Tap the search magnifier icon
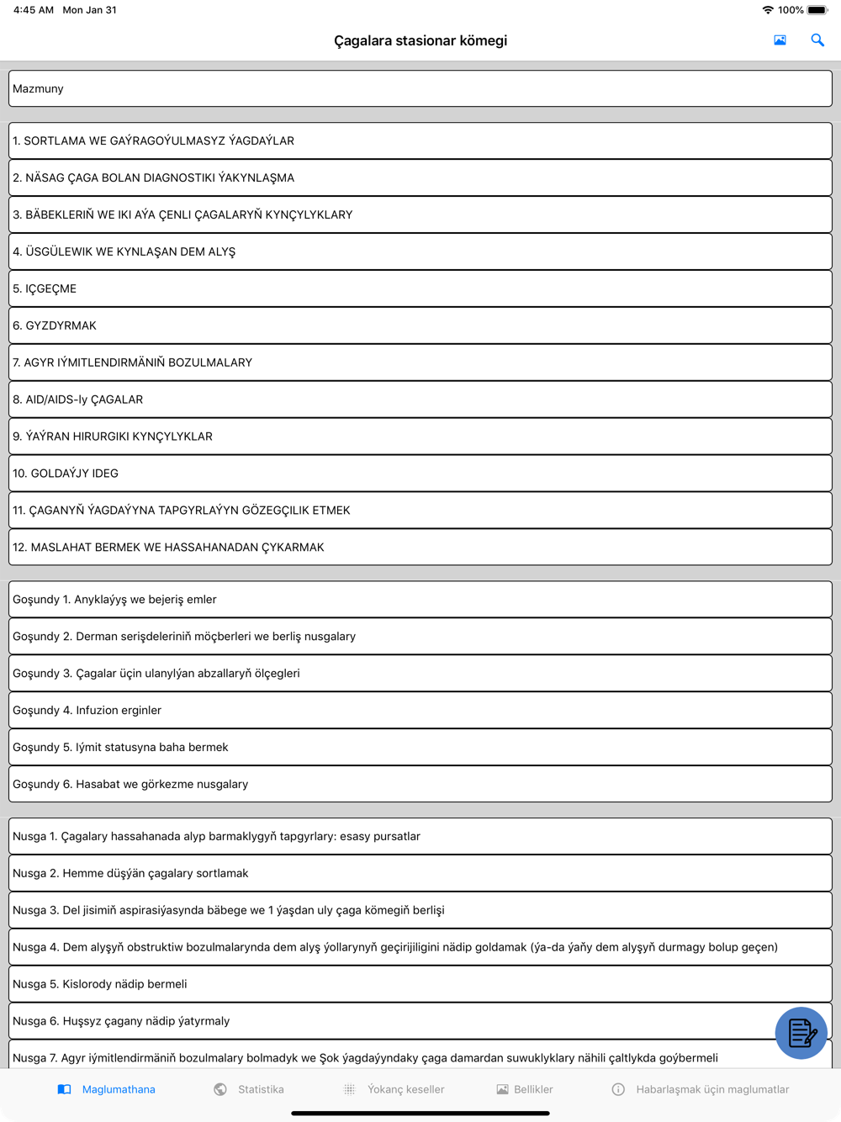click(x=817, y=40)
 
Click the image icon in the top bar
click(x=780, y=40)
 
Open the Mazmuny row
click(x=420, y=89)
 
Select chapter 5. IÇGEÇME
click(x=420, y=288)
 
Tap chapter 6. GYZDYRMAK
click(x=420, y=325)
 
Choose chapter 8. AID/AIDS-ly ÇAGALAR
click(x=420, y=400)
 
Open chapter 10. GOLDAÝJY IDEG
click(x=420, y=474)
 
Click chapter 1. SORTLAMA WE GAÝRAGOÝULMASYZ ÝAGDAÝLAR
click(x=420, y=141)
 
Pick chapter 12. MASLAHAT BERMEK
click(x=420, y=548)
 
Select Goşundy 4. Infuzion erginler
click(x=420, y=711)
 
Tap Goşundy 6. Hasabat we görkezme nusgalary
click(x=420, y=785)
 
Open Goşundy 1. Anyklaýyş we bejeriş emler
click(x=420, y=600)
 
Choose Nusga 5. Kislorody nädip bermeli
click(x=420, y=984)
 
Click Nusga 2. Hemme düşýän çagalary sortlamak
click(x=420, y=874)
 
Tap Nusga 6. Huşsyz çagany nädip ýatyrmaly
click(x=387, y=1021)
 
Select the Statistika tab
click(x=249, y=1089)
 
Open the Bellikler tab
click(x=524, y=1089)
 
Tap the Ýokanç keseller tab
click(x=394, y=1089)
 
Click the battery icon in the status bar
click(x=817, y=10)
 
